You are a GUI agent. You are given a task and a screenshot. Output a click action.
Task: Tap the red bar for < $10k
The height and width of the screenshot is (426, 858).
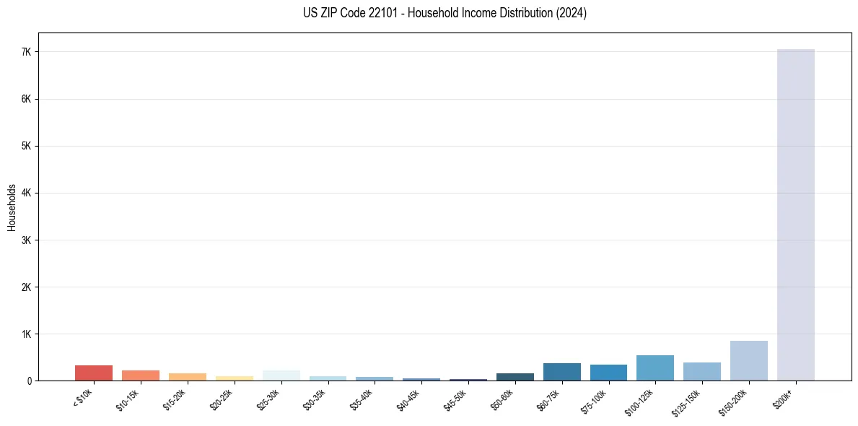click(x=94, y=373)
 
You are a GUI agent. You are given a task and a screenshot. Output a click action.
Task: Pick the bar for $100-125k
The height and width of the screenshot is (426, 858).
click(x=655, y=368)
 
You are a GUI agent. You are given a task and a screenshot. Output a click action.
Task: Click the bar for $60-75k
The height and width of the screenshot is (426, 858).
click(x=561, y=372)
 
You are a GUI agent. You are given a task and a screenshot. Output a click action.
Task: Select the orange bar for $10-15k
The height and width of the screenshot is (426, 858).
click(x=141, y=375)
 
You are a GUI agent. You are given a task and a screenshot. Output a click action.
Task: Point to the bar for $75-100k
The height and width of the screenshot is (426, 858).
click(x=608, y=373)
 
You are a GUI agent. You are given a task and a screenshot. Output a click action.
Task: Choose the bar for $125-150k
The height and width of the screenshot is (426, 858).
click(x=702, y=372)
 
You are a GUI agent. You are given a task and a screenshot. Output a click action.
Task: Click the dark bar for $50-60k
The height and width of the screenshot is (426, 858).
click(x=515, y=377)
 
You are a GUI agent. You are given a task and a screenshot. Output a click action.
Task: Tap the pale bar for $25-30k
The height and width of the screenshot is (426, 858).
click(x=281, y=375)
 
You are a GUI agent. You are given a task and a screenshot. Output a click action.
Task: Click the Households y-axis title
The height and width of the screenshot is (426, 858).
click(x=12, y=207)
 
